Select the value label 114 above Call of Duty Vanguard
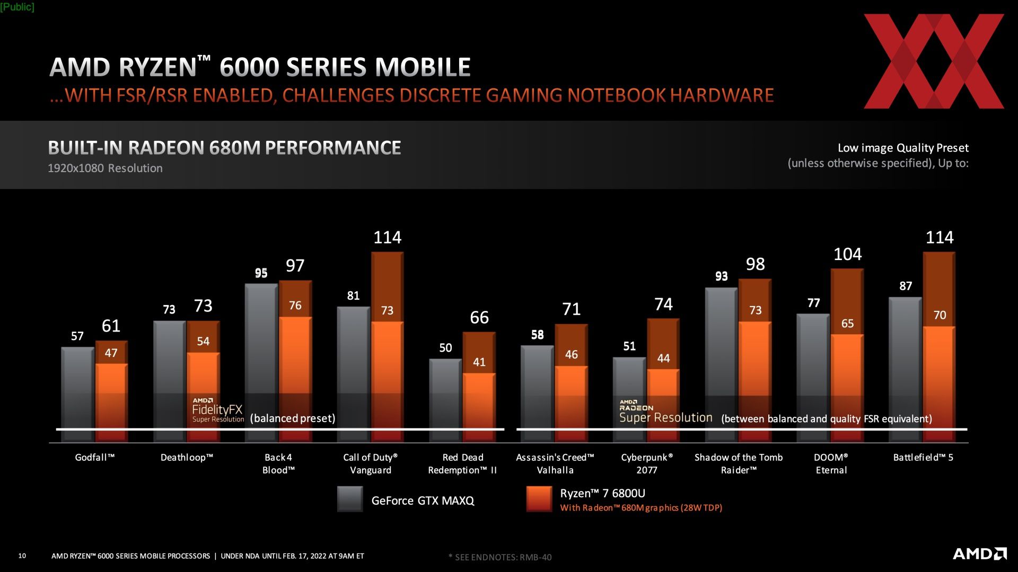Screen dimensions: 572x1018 [387, 237]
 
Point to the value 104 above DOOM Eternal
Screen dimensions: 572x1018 [847, 255]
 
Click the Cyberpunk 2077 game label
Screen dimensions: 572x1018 [647, 463]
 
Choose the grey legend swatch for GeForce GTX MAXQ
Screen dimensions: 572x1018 [350, 499]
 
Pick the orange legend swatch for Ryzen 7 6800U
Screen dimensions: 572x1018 [539, 499]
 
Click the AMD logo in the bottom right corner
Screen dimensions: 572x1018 [979, 554]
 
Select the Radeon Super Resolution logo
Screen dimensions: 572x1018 [665, 412]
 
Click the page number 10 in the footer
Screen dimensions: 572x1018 [22, 556]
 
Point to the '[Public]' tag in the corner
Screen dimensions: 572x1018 [17, 7]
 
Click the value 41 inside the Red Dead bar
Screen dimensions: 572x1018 [479, 362]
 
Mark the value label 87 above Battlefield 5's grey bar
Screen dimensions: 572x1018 [906, 287]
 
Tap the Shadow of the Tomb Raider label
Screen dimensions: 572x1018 [739, 463]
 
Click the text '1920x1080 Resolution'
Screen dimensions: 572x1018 [105, 168]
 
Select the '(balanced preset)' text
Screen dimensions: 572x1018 [293, 418]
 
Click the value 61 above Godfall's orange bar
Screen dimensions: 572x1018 [111, 326]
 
